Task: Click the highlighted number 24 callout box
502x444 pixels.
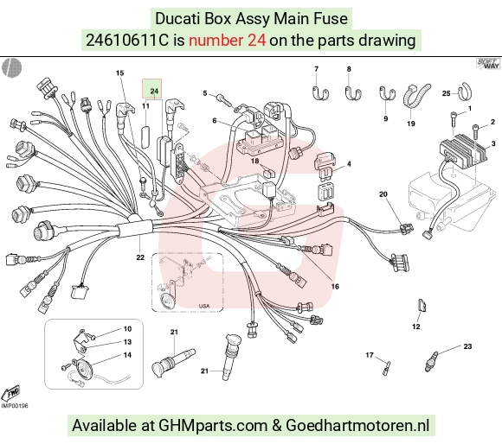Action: click(152, 88)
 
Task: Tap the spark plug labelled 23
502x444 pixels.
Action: click(431, 360)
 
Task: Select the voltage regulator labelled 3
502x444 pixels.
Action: click(464, 149)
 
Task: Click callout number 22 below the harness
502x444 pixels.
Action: click(140, 257)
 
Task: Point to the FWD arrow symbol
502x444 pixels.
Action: click(10, 393)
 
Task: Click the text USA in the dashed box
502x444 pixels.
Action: click(204, 306)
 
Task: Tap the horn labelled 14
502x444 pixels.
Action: click(82, 366)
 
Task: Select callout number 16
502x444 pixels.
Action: click(335, 286)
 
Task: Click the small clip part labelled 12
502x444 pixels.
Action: click(422, 306)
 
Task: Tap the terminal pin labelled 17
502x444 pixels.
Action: click(387, 368)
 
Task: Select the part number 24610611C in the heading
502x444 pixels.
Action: click(126, 41)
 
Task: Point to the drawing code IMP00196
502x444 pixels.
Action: click(15, 406)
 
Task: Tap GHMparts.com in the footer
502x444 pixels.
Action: click(213, 426)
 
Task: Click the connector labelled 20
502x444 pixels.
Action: click(406, 228)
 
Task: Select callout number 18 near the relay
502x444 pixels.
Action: click(254, 161)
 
